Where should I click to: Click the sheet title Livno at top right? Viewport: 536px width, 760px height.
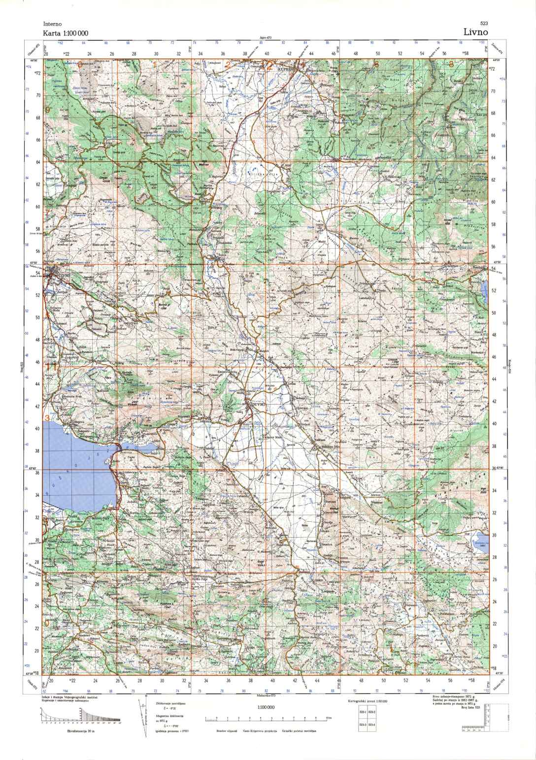(x=475, y=32)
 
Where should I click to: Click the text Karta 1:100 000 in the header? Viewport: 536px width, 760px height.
(x=66, y=33)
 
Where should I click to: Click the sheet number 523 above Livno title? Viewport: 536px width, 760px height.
(x=483, y=24)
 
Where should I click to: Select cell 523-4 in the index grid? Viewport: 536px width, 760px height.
(x=372, y=725)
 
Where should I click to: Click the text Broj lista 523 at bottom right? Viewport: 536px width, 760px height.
(x=470, y=707)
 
